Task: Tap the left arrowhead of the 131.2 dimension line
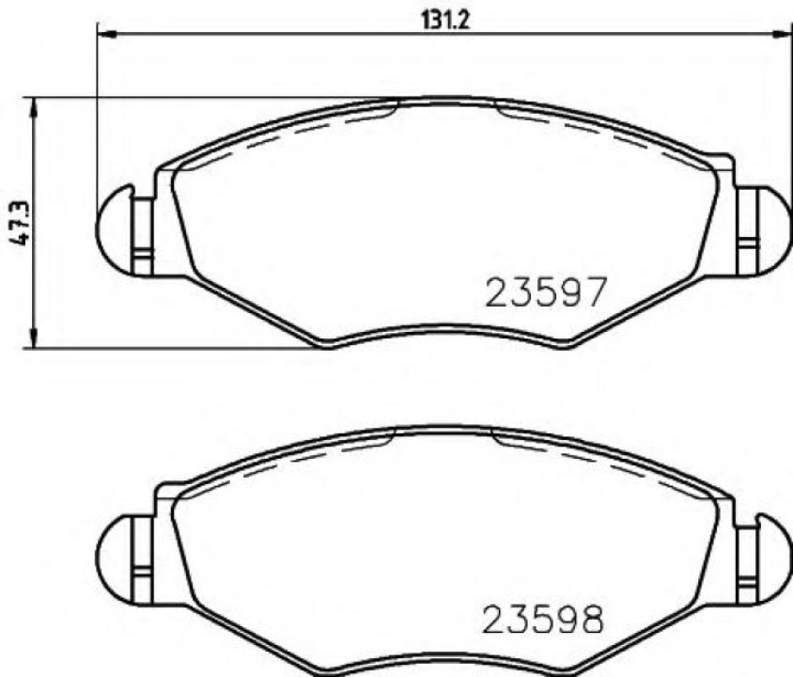click(x=105, y=36)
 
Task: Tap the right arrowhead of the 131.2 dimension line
click(x=783, y=36)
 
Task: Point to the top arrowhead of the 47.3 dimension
click(x=35, y=104)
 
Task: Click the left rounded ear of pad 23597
click(x=113, y=228)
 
